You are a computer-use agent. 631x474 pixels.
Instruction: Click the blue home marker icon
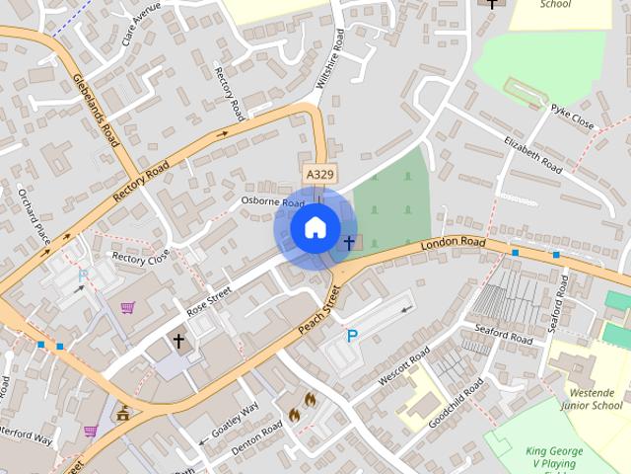pyautogui.click(x=315, y=228)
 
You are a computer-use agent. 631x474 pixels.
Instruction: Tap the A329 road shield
pyautogui.click(x=319, y=174)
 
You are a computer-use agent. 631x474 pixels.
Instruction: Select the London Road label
pyautogui.click(x=453, y=243)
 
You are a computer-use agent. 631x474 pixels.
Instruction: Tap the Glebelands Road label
pyautogui.click(x=95, y=109)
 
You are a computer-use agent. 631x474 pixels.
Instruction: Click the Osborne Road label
pyautogui.click(x=273, y=201)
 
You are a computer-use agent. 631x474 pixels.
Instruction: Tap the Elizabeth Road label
pyautogui.click(x=532, y=155)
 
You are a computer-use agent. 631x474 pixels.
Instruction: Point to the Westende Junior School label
pyautogui.click(x=590, y=398)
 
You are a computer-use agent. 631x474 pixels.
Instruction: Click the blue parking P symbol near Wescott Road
pyautogui.click(x=352, y=336)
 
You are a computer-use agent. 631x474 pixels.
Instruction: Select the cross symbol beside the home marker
pyautogui.click(x=348, y=242)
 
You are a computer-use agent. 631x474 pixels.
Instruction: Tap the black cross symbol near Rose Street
pyautogui.click(x=178, y=342)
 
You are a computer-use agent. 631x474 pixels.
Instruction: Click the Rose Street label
pyautogui.click(x=208, y=301)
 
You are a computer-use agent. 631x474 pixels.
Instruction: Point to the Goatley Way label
pyautogui.click(x=235, y=420)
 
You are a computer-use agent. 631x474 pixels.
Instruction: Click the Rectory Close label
pyautogui.click(x=140, y=258)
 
